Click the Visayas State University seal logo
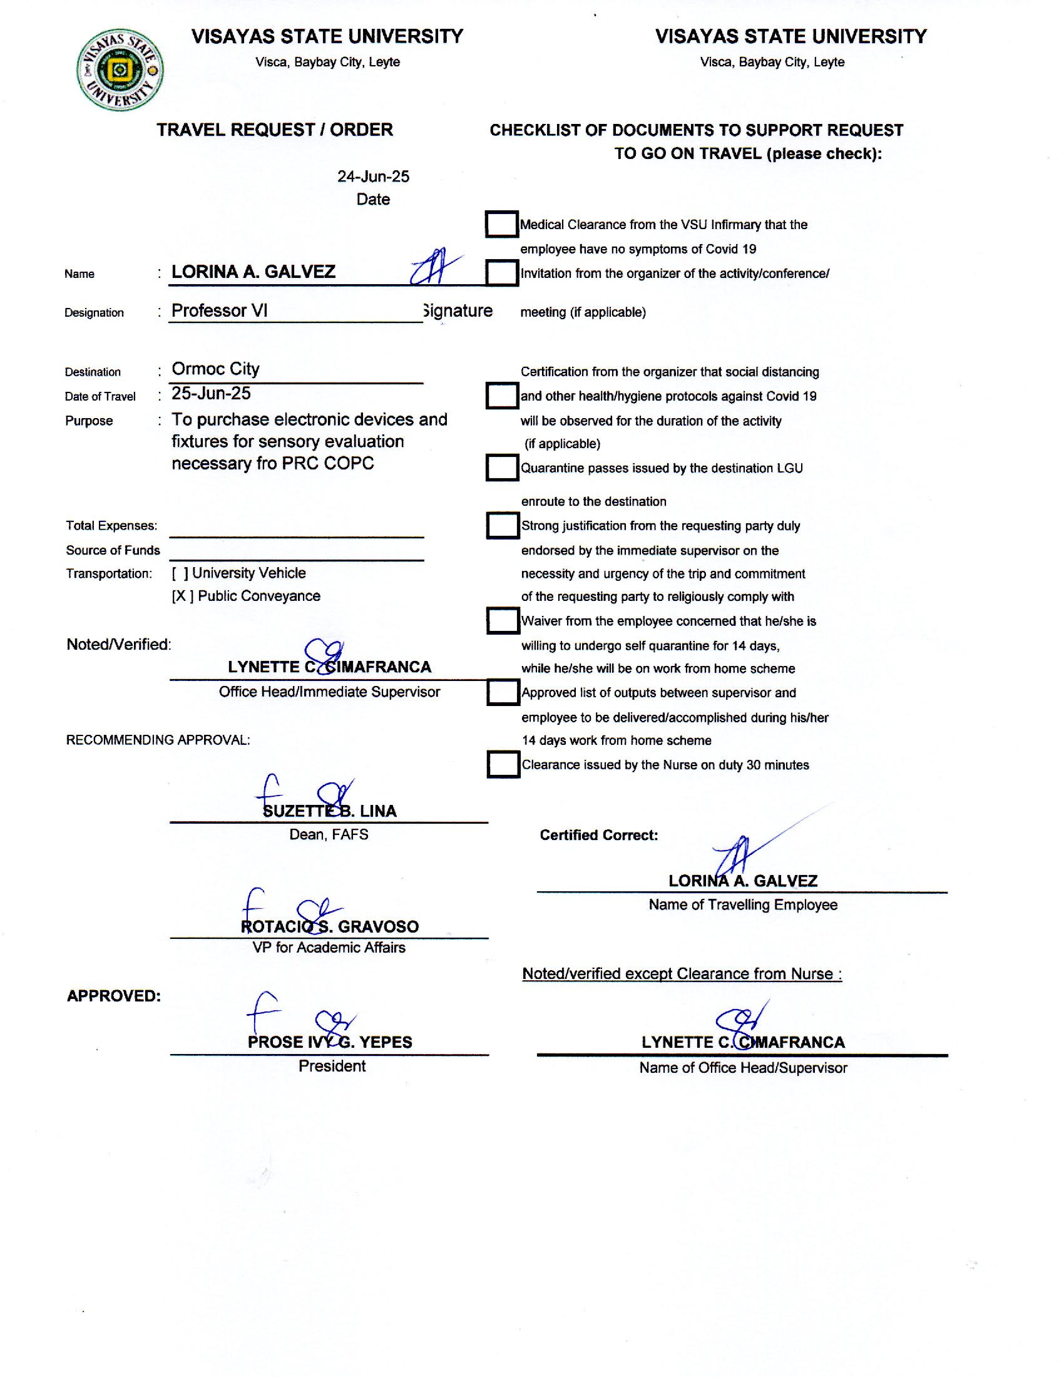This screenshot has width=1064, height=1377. click(120, 69)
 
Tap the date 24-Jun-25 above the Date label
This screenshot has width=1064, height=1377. click(373, 177)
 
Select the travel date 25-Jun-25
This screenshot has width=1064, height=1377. click(211, 394)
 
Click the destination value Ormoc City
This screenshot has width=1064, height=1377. click(215, 369)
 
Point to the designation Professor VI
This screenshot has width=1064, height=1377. click(219, 310)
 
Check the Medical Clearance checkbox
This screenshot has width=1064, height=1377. click(502, 225)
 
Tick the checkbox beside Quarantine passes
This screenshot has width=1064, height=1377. click(502, 468)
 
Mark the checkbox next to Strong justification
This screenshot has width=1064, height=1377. click(503, 526)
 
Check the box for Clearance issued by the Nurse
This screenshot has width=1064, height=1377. click(503, 765)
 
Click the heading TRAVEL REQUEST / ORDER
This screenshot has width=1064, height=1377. click(275, 130)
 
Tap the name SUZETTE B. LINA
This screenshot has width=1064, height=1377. click(330, 811)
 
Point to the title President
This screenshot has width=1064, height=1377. click(332, 1066)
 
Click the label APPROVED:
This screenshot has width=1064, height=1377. click(113, 996)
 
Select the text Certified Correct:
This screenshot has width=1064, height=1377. click(599, 836)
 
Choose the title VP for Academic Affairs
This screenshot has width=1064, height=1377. click(329, 948)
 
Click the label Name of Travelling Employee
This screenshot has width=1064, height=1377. click(743, 906)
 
